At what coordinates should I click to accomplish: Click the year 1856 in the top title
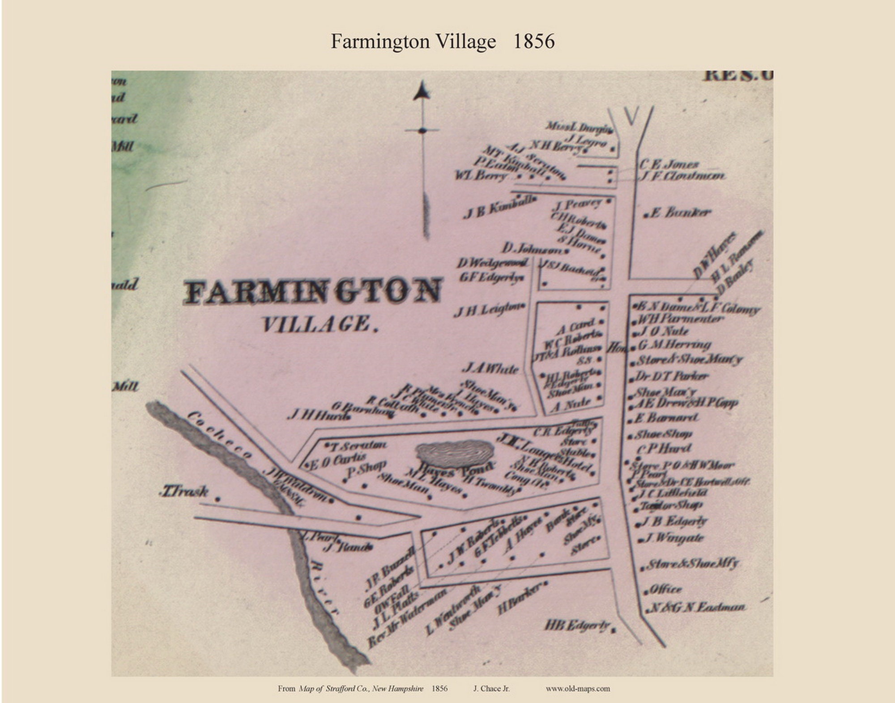[533, 42]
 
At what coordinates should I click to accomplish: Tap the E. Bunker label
[680, 213]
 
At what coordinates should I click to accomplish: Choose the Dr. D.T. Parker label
[672, 376]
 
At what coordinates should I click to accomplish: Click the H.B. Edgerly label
[577, 625]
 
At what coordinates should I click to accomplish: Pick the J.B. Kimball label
[499, 209]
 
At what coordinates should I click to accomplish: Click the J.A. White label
[490, 369]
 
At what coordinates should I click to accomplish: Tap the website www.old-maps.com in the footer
[577, 689]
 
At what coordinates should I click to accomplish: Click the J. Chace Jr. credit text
[491, 689]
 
